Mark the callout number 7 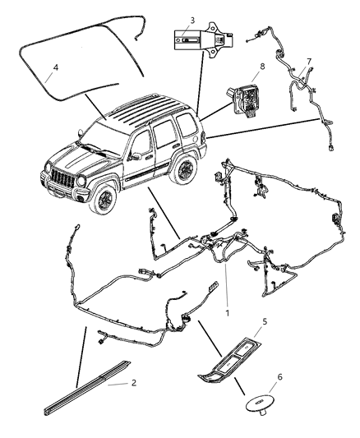click(308, 60)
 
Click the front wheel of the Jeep click(104, 198)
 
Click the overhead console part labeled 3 click(200, 41)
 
